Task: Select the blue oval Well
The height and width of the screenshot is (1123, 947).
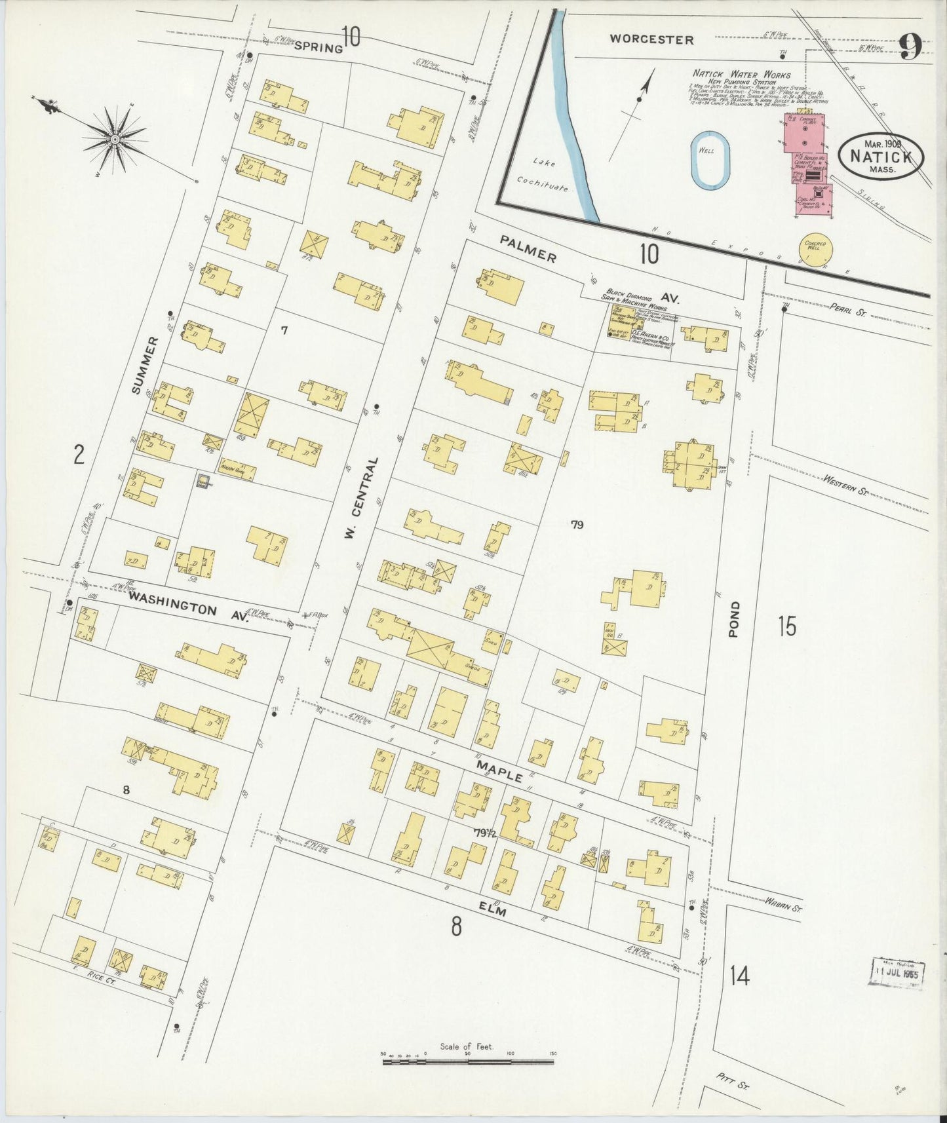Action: click(710, 161)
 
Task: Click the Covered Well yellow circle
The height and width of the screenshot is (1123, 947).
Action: click(815, 249)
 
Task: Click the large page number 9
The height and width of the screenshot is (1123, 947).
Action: click(910, 47)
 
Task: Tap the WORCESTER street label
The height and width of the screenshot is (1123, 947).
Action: click(651, 39)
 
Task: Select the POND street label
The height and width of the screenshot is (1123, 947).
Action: click(735, 619)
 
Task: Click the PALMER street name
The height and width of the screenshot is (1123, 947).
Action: click(528, 248)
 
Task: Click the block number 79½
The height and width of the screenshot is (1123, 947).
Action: click(487, 833)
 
